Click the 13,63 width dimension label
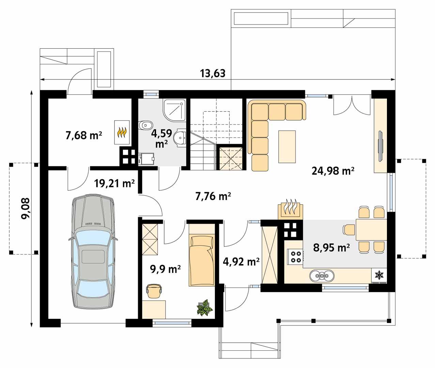(x=213, y=73)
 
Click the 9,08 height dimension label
(x=25, y=209)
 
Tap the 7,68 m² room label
(x=84, y=136)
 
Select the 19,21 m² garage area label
(x=114, y=184)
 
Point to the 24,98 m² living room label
(x=333, y=170)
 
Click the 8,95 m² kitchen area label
(x=331, y=248)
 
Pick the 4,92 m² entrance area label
(x=241, y=262)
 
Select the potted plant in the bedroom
(x=205, y=308)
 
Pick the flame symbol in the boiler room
(x=122, y=132)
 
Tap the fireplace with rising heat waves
(x=290, y=209)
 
